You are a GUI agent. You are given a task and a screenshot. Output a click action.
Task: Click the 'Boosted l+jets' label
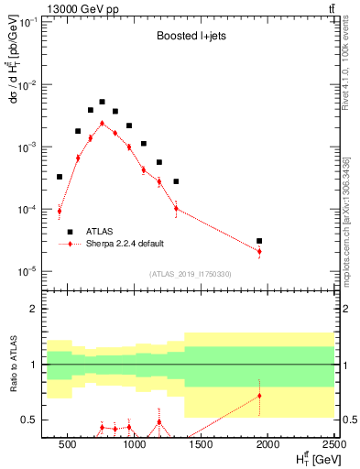[x=189, y=37]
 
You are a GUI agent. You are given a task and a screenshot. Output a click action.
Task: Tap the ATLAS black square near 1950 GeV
[x=260, y=241]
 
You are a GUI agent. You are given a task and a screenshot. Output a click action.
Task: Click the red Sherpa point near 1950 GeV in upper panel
[x=260, y=251]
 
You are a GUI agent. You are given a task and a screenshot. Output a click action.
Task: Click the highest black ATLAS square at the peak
[x=102, y=102]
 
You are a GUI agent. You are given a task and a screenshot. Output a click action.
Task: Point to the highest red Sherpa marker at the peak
[x=102, y=123]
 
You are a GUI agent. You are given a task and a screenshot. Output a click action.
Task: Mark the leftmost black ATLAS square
[x=60, y=177]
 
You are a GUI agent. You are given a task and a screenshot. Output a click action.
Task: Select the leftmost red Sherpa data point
[x=60, y=211]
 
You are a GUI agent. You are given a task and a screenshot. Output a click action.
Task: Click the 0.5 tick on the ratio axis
[x=36, y=420]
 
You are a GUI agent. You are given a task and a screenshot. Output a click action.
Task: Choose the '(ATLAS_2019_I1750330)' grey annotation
[x=191, y=274]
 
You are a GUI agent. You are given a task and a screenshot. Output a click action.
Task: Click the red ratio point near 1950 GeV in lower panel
[x=260, y=396]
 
